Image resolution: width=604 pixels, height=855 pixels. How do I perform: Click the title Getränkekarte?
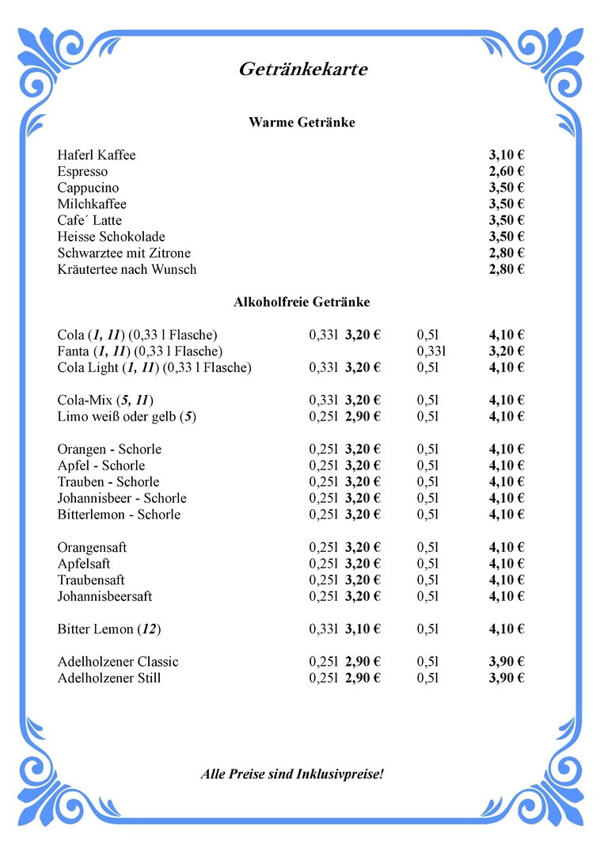pyautogui.click(x=303, y=70)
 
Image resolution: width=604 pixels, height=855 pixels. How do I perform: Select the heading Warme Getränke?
pyautogui.click(x=302, y=123)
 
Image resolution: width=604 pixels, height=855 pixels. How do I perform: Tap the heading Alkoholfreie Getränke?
pyautogui.click(x=302, y=302)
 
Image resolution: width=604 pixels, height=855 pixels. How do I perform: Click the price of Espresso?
pyautogui.click(x=507, y=172)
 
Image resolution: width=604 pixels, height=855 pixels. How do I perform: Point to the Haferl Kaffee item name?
pyautogui.click(x=97, y=155)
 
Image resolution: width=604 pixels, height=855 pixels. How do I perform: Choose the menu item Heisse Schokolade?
pyautogui.click(x=111, y=237)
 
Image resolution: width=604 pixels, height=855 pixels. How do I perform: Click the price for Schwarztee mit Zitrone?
pyautogui.click(x=507, y=253)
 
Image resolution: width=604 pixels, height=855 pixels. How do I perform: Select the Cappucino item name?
pyautogui.click(x=88, y=188)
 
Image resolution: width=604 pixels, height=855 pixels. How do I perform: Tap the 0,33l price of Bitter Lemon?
pyautogui.click(x=363, y=629)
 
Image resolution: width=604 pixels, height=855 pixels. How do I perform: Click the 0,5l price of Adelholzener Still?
pyautogui.click(x=507, y=678)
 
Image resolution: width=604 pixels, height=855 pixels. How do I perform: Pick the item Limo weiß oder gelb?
pyautogui.click(x=127, y=416)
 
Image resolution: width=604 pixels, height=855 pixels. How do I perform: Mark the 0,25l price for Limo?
pyautogui.click(x=363, y=416)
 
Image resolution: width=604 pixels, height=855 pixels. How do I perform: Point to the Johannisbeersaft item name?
pyautogui.click(x=104, y=596)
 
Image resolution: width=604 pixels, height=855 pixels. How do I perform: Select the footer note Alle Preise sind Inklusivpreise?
pyautogui.click(x=292, y=773)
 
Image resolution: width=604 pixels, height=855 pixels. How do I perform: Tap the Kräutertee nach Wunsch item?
pyautogui.click(x=127, y=269)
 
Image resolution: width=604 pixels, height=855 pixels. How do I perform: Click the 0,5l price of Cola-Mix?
pyautogui.click(x=507, y=400)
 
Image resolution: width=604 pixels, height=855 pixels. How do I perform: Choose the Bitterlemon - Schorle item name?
pyautogui.click(x=119, y=515)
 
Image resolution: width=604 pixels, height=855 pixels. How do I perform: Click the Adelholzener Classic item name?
pyautogui.click(x=118, y=662)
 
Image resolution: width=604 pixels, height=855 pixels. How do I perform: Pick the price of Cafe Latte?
pyautogui.click(x=507, y=220)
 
